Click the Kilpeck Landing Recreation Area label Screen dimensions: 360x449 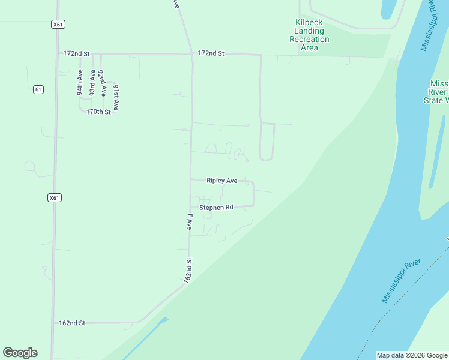[309, 35]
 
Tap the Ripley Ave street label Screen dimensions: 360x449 [221, 180]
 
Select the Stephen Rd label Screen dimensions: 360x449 [216, 208]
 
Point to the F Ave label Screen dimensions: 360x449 [189, 222]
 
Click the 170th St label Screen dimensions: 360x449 [98, 112]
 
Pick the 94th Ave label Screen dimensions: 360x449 [79, 83]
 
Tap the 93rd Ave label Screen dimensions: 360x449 [92, 83]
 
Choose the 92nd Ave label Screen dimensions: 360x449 [103, 83]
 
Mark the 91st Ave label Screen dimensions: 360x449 [116, 97]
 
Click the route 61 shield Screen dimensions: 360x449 [38, 89]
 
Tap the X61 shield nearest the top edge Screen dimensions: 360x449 [58, 25]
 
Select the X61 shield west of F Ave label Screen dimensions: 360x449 [55, 197]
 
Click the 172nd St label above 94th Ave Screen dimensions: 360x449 [76, 54]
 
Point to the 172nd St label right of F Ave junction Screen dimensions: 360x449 [211, 54]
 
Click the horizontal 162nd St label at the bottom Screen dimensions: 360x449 [72, 323]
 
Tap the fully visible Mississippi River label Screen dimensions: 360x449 [402, 281]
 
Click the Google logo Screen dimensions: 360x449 [20, 353]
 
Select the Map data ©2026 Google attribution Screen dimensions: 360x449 [412, 355]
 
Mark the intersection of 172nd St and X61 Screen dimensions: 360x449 [57, 54]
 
